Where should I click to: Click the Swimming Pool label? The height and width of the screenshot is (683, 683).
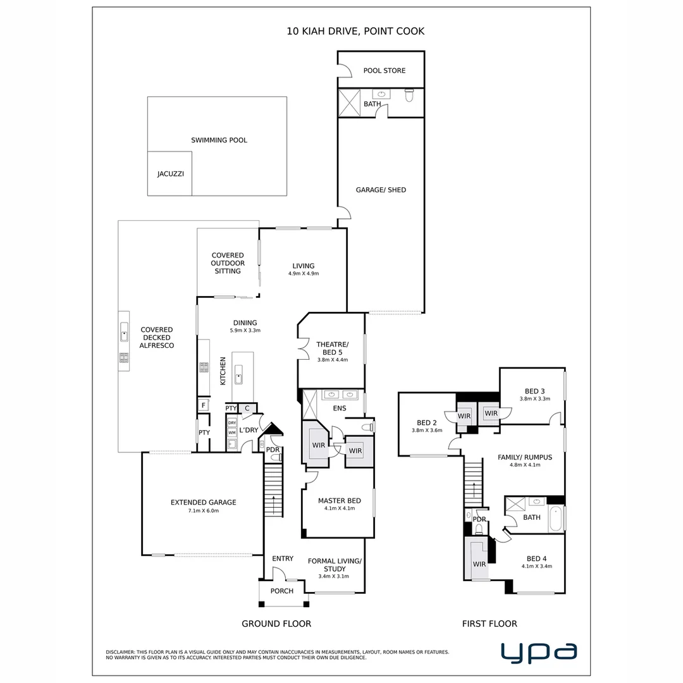tap(219, 140)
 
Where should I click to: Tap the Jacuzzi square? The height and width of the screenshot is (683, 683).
tap(170, 173)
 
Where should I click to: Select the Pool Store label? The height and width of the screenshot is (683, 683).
tap(385, 71)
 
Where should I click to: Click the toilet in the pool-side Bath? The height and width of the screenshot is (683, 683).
tap(409, 94)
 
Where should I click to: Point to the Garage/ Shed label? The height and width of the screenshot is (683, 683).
tap(381, 190)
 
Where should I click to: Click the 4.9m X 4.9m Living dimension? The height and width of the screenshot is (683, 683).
tap(304, 274)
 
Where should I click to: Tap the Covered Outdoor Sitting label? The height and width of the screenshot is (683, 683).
tap(228, 263)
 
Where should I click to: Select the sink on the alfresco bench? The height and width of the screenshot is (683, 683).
tap(124, 333)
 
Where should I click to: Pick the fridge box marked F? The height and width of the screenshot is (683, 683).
tap(204, 405)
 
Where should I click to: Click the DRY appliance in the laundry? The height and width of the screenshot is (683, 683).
tap(232, 422)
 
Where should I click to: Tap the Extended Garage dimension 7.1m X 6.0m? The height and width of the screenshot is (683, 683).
tap(204, 511)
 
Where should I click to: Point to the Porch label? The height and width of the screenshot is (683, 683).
tap(282, 591)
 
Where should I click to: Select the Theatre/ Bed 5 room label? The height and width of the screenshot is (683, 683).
tap(333, 348)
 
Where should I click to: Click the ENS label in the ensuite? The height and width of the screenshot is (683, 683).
tap(340, 408)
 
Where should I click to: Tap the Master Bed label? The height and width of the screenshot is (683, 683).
tap(340, 501)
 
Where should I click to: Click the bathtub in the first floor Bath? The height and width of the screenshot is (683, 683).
tap(556, 519)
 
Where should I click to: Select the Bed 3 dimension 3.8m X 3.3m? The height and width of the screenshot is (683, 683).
tap(535, 398)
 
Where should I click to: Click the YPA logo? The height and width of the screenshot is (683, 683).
tap(539, 653)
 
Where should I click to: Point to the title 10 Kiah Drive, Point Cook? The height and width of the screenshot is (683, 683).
tap(355, 32)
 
